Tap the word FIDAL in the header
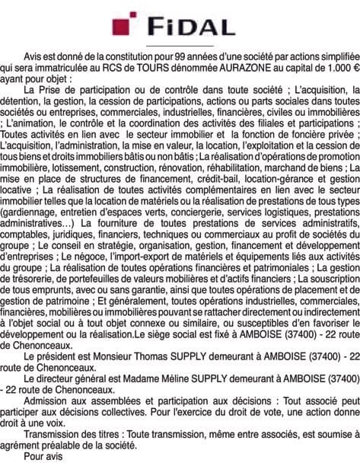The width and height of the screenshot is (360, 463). [190, 27]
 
